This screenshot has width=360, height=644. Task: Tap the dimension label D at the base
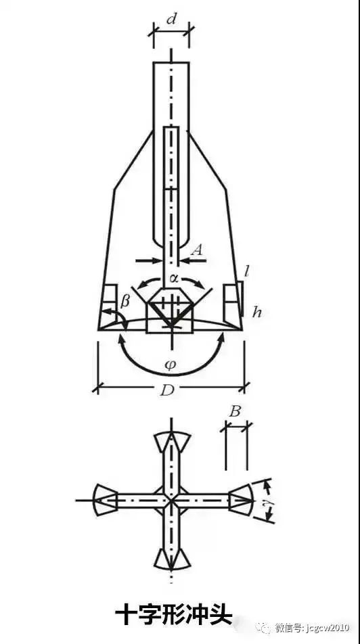[x=167, y=390]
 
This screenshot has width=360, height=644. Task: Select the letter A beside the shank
[x=198, y=250]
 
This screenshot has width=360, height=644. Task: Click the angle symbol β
[x=125, y=302]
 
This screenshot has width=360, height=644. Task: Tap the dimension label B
[x=235, y=412]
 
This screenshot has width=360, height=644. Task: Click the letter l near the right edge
[x=246, y=272]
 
